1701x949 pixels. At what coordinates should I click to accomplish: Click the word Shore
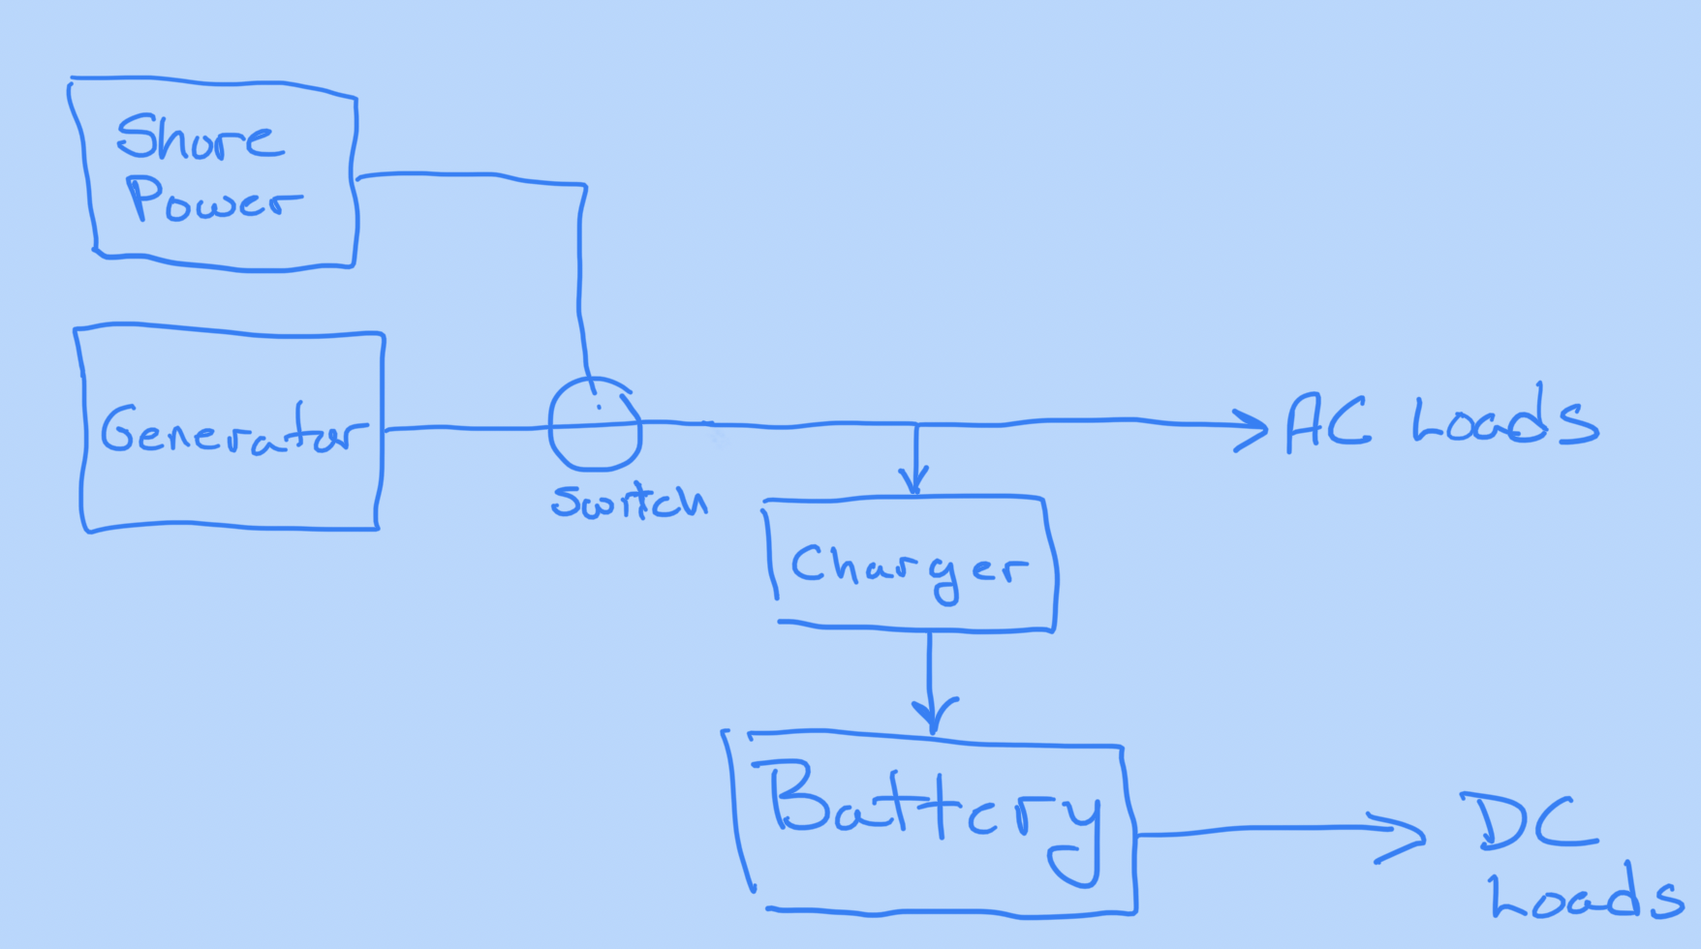[x=200, y=138]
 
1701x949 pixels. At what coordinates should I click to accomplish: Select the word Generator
[x=233, y=432]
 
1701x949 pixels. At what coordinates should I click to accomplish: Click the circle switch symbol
[x=595, y=424]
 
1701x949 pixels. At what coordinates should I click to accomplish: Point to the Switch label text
[x=629, y=502]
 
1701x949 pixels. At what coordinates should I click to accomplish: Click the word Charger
[x=909, y=567]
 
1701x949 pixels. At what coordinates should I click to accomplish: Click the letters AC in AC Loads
[x=1327, y=423]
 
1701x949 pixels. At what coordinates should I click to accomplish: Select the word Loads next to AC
[x=1504, y=421]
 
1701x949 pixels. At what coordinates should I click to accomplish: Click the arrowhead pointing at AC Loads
[x=1253, y=427]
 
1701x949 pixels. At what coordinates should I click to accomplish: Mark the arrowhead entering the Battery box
[x=933, y=717]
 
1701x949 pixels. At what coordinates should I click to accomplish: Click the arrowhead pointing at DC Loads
[x=1405, y=835]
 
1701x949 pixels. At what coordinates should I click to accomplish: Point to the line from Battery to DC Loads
[x=1259, y=830]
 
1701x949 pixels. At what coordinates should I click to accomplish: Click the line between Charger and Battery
[x=930, y=668]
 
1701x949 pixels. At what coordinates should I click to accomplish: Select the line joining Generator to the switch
[x=465, y=428]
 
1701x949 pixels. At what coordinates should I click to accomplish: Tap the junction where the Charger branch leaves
[x=916, y=424]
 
